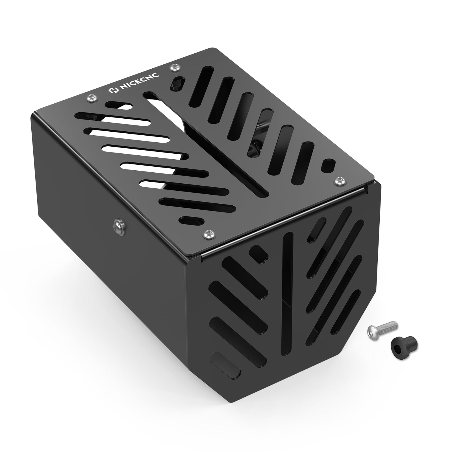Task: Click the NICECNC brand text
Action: (140, 83)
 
